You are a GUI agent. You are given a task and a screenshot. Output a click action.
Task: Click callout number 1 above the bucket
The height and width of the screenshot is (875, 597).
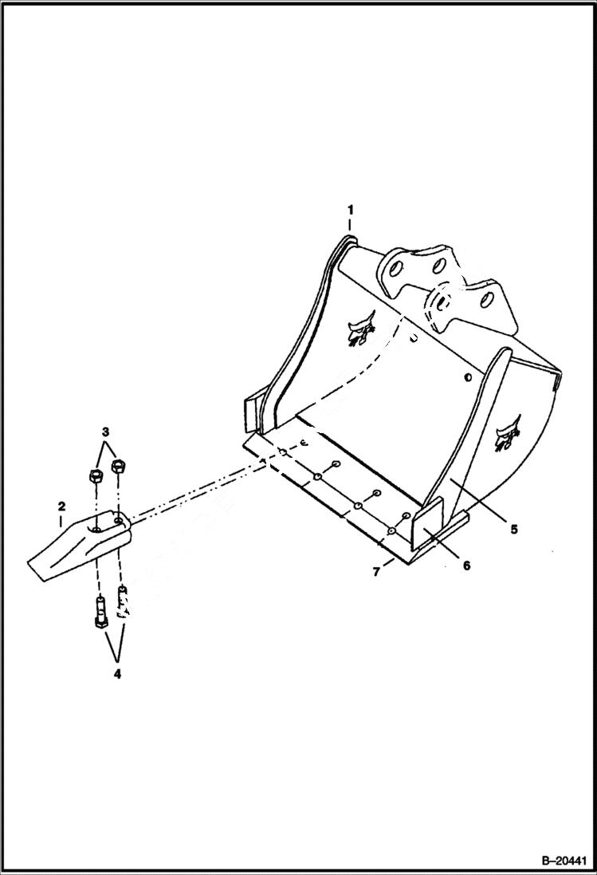[349, 210]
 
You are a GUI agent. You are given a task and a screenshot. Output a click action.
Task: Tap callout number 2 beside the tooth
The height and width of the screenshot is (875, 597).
[61, 506]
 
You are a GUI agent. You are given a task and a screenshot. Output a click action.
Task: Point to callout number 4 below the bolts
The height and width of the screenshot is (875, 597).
[116, 674]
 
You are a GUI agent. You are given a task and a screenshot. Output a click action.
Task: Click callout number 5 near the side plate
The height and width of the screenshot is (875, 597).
[514, 528]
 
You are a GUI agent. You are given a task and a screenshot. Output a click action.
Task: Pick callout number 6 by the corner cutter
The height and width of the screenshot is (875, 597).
[466, 565]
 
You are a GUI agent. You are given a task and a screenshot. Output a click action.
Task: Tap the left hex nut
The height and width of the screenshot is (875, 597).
[92, 477]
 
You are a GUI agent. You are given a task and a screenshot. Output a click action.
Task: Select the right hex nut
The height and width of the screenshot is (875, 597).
[120, 465]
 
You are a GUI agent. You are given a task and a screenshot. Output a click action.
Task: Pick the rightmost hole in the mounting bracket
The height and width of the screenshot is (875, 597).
[485, 301]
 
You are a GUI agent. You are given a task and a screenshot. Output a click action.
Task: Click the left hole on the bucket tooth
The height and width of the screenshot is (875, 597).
[95, 528]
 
